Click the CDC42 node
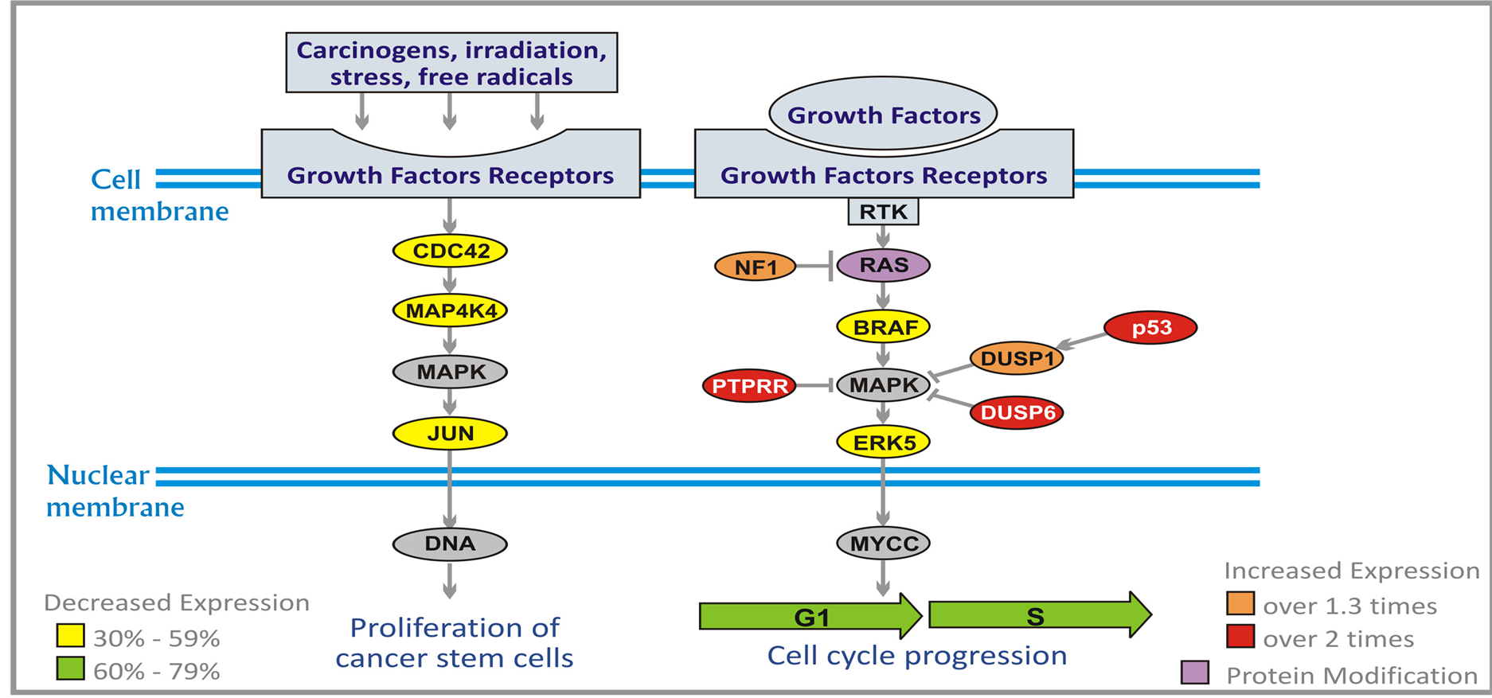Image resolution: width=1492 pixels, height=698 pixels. coord(450,251)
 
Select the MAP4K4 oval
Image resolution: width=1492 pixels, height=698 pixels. coord(450,310)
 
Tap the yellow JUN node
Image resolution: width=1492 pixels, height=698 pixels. coord(450,434)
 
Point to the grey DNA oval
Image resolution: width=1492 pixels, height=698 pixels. coord(450,544)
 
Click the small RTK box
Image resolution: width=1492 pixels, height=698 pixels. coord(883,212)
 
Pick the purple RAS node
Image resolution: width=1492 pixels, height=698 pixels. coord(883,265)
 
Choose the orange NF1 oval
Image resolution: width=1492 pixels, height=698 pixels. coord(755,267)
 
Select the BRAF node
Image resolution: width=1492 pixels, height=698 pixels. coord(884,327)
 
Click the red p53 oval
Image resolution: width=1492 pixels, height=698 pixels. coord(1150,328)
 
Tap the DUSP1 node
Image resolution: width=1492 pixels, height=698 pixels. coord(1017,359)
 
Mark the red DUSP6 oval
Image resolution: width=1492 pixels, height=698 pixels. coord(1017,412)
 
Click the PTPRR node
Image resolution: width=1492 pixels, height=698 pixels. coord(749,386)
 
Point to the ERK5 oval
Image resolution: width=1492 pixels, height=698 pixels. coord(884,443)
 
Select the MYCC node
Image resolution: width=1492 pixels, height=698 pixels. coord(884,544)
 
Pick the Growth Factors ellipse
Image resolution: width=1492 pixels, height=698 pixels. coord(883,115)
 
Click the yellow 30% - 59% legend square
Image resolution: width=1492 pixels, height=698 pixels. coord(71,635)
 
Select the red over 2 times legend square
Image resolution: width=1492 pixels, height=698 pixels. coord(1240,637)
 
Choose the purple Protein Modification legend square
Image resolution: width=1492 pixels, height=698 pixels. coord(1195,673)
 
